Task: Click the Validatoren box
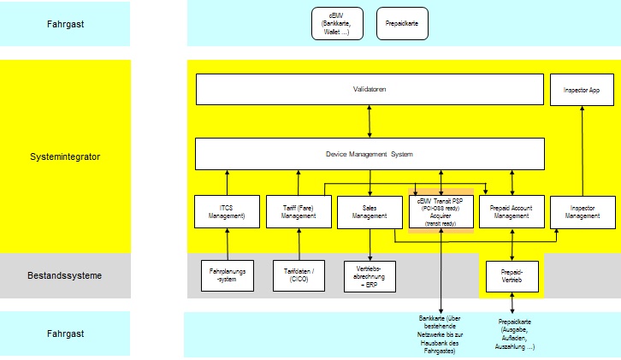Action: (x=370, y=89)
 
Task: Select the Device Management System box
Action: (x=370, y=154)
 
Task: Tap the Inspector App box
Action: (x=583, y=89)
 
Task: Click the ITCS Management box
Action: (x=227, y=213)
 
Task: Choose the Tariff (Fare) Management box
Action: (x=299, y=213)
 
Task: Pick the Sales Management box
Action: (x=370, y=213)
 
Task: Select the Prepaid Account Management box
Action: (x=512, y=213)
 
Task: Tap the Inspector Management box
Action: (x=583, y=213)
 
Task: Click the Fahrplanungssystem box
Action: (x=227, y=275)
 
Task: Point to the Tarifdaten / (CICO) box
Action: (x=299, y=275)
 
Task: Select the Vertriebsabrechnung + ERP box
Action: (x=370, y=275)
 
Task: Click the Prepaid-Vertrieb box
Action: (x=512, y=275)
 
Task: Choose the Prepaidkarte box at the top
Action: (x=402, y=23)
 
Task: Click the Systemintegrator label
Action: (x=65, y=156)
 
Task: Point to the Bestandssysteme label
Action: (x=65, y=275)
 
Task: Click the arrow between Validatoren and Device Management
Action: (x=370, y=121)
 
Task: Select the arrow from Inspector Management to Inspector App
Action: (x=583, y=150)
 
